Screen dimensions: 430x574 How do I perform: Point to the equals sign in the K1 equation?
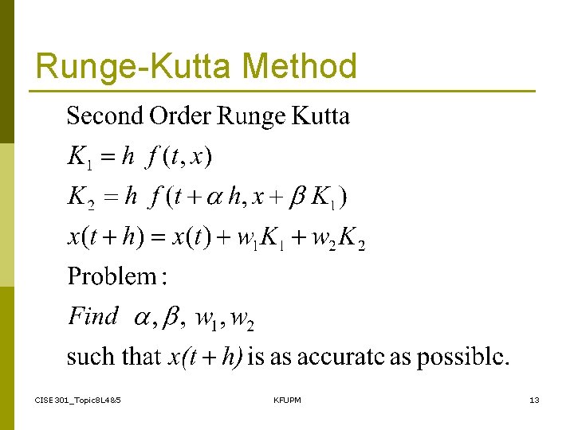[x=108, y=157]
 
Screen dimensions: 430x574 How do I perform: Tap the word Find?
[x=93, y=316]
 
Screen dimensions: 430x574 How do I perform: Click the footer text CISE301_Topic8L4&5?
[x=78, y=399]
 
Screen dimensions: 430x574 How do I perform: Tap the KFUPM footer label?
[x=287, y=399]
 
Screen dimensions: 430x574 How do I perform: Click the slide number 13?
[x=534, y=399]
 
